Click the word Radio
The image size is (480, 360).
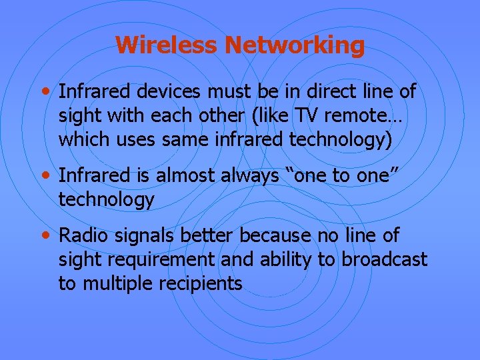pyautogui.click(x=79, y=235)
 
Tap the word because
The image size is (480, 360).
pyautogui.click(x=275, y=235)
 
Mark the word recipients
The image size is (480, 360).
pyautogui.click(x=200, y=284)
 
